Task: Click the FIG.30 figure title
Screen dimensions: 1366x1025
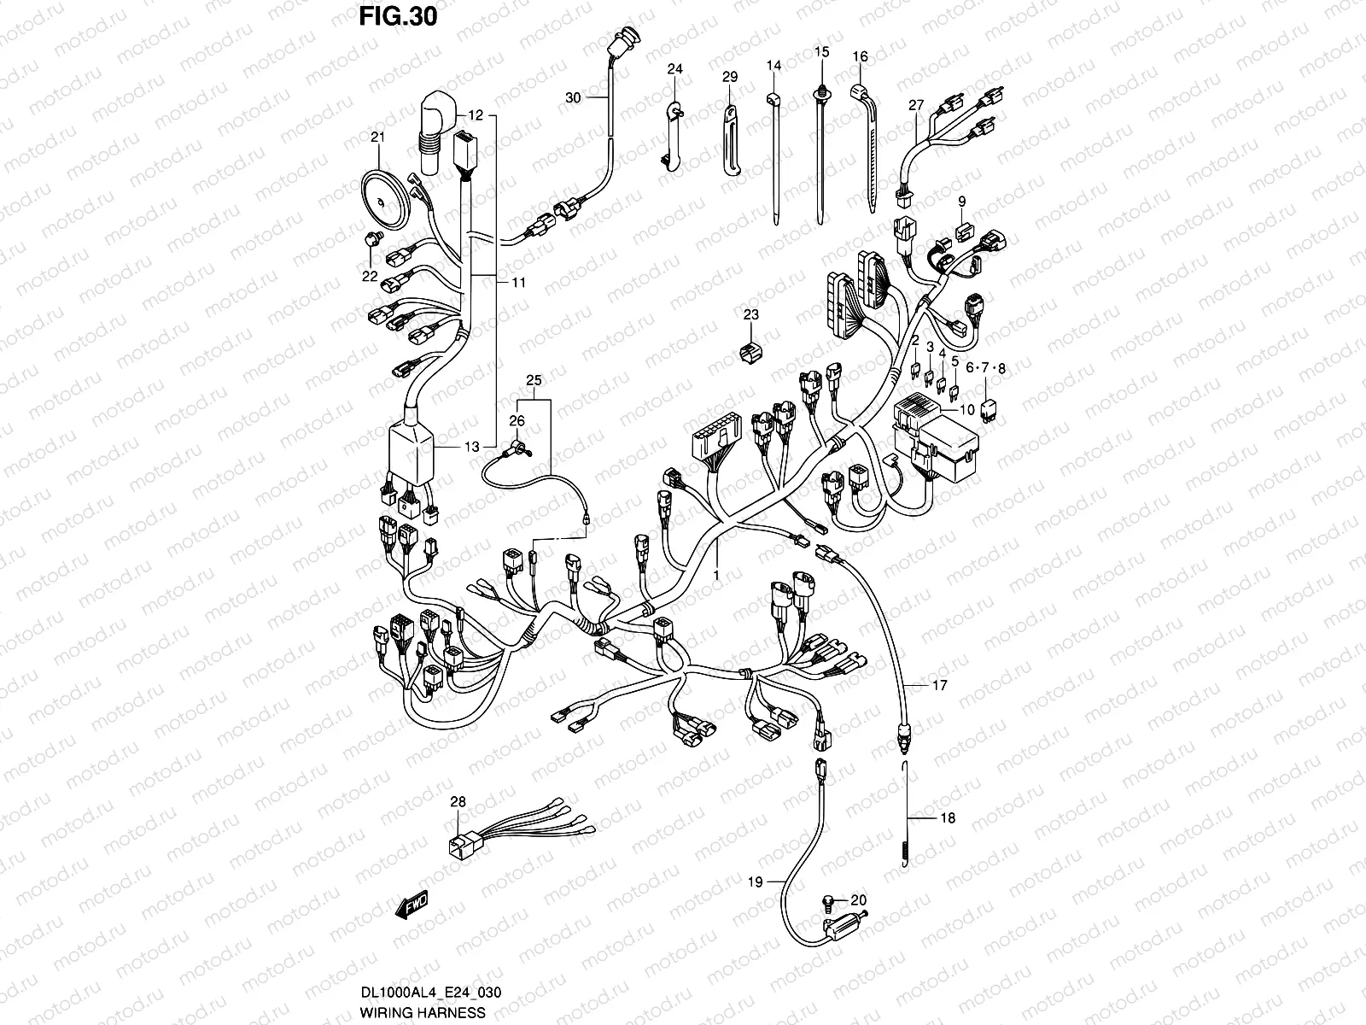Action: [399, 17]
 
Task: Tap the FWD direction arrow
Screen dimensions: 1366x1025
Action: [412, 905]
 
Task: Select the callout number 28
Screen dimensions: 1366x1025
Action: [458, 802]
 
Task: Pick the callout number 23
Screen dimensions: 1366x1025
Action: [751, 315]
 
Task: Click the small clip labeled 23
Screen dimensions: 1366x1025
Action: [750, 352]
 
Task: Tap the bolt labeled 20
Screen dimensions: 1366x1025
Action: [827, 900]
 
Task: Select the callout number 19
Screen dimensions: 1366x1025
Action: [755, 881]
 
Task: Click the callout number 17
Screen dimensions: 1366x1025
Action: [940, 685]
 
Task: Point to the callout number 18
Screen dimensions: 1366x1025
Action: [947, 817]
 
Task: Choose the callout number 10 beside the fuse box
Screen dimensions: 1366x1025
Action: [967, 410]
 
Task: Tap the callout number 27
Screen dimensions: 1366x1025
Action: [916, 106]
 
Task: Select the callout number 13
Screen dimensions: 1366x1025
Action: [472, 446]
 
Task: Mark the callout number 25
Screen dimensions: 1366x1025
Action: [534, 380]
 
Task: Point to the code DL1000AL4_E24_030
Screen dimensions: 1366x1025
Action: [430, 992]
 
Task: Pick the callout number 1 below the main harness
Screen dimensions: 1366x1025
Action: [716, 575]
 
